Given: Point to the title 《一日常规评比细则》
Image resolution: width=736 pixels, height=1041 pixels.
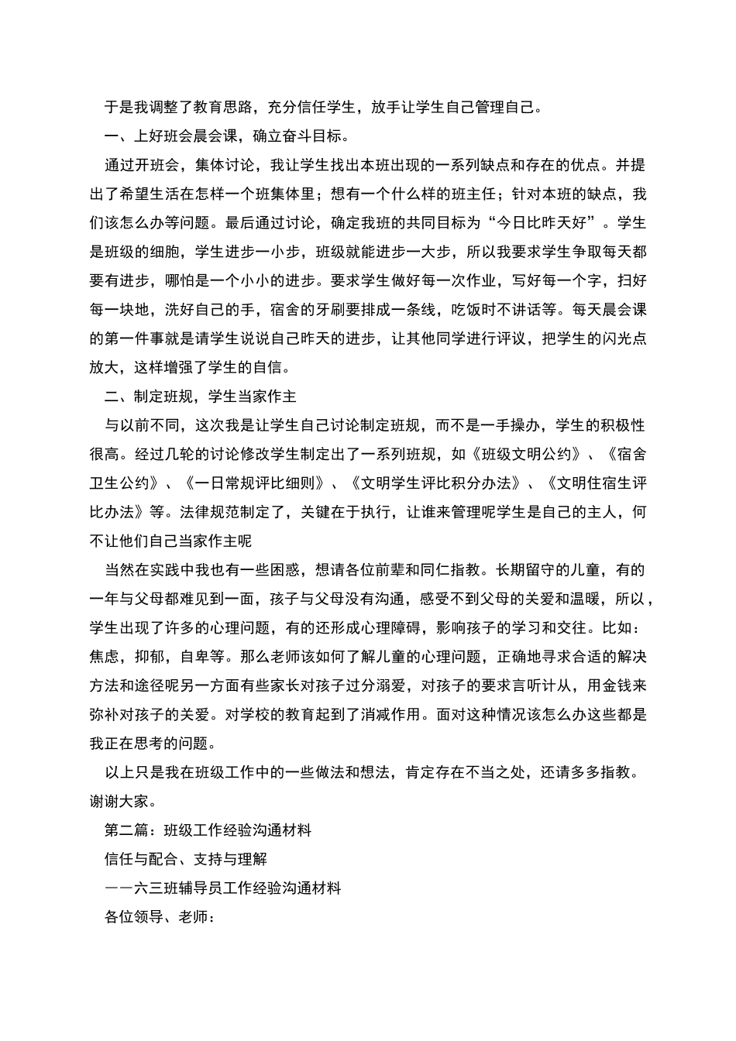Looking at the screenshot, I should pos(255,483).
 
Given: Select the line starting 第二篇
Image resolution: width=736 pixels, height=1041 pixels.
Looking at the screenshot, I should pos(208,830).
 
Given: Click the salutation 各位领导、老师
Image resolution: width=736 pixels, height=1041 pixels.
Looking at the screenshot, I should pos(158,917).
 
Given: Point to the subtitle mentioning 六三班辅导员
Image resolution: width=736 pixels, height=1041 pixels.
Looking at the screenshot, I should pos(222,888).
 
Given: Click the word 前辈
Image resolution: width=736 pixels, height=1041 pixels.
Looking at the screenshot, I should pos(403,570).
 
